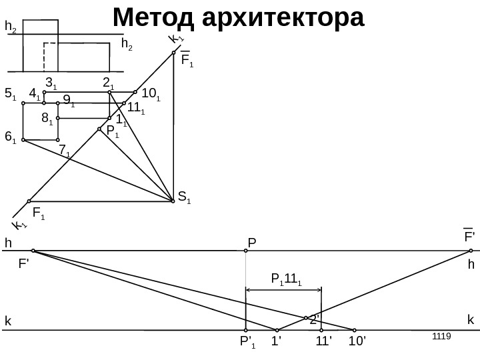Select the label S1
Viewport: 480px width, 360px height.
(x=184, y=197)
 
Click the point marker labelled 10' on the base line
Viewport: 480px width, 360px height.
(x=354, y=329)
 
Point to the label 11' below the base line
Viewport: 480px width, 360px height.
(x=324, y=343)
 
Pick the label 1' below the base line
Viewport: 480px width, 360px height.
(x=277, y=343)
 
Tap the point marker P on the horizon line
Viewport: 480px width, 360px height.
(x=246, y=251)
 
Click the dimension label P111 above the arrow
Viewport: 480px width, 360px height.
(x=286, y=279)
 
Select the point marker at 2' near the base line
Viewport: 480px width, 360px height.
(x=306, y=318)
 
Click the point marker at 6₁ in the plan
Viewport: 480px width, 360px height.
(x=23, y=140)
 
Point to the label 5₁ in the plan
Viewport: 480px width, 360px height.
(x=10, y=95)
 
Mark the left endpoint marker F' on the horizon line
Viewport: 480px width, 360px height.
(x=33, y=251)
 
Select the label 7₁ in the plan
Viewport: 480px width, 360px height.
(x=65, y=151)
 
